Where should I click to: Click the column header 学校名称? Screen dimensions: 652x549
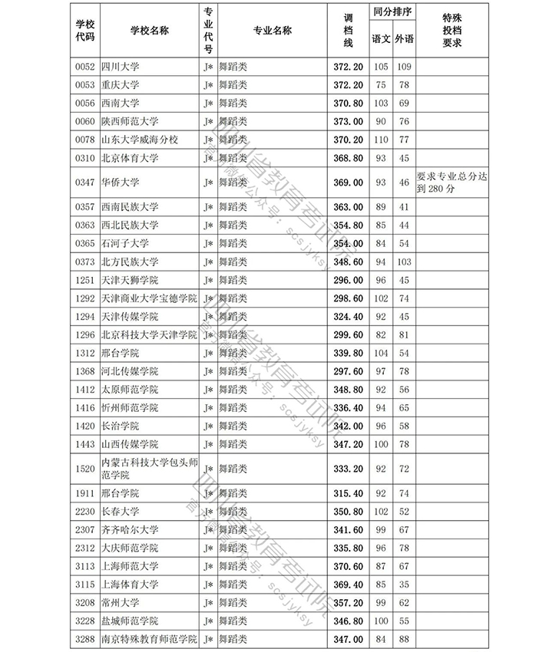149,31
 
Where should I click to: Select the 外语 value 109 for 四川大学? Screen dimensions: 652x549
404,67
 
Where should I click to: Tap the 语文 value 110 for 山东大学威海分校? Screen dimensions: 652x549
380,140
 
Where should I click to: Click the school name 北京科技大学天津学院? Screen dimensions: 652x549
149,335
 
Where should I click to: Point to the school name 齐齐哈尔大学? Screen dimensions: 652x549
130,530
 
